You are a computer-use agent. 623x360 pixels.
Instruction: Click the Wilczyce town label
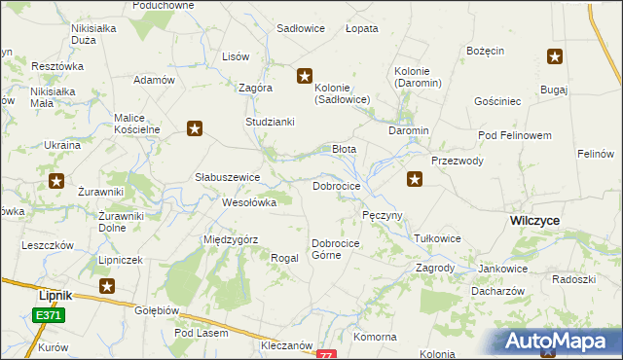[534, 221]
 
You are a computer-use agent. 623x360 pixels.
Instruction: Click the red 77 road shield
[326, 355]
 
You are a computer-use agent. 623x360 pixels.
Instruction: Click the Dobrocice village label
[337, 185]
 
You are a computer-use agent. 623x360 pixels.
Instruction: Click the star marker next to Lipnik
[107, 286]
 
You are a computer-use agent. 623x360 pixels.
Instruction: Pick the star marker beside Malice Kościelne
[195, 127]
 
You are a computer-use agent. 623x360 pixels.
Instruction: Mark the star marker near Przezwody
[415, 179]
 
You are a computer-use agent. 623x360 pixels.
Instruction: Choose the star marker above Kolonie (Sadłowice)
[305, 75]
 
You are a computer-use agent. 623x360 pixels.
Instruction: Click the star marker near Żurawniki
[56, 181]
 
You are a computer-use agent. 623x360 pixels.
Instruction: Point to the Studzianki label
[270, 123]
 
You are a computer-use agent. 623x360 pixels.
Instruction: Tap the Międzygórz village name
[230, 238]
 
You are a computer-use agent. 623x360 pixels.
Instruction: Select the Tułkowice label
[437, 238]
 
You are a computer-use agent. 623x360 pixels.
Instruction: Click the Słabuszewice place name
[227, 177]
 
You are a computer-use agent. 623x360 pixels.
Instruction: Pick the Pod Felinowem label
[515, 134]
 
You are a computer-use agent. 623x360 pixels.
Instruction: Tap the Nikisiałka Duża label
[94, 34]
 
